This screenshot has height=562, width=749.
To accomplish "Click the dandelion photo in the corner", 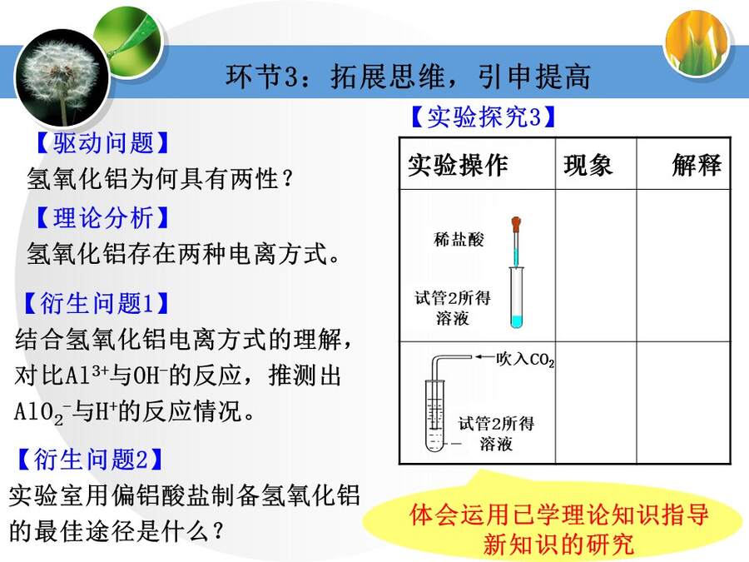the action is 62,76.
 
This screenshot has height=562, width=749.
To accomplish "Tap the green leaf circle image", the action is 128,37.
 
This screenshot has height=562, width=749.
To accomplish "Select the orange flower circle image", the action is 697,42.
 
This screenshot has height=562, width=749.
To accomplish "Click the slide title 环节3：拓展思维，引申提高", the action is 409,77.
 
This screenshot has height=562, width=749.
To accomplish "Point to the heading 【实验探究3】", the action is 484,117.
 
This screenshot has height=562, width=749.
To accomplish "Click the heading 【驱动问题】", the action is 102,142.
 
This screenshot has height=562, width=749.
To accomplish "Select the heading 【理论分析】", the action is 102,217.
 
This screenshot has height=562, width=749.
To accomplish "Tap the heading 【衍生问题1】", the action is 96,303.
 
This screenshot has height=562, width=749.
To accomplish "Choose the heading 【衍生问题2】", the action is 90,459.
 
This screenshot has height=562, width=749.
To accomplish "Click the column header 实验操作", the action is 458,165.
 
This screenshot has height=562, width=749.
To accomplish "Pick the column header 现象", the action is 588,166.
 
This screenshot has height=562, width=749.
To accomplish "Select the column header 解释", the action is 696,165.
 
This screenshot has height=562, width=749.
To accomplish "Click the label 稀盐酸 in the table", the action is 459,239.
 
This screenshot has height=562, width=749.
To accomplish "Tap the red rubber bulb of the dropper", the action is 516,224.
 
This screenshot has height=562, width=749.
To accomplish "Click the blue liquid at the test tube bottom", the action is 516,321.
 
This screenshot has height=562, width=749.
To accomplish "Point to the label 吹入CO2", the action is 525,360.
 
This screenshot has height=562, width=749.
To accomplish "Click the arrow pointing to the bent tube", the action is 484,356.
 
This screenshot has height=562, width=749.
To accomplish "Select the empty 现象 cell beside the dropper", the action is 596,266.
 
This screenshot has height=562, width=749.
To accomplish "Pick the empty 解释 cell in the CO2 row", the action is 683,402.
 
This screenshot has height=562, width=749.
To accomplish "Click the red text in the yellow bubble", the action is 559,529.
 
